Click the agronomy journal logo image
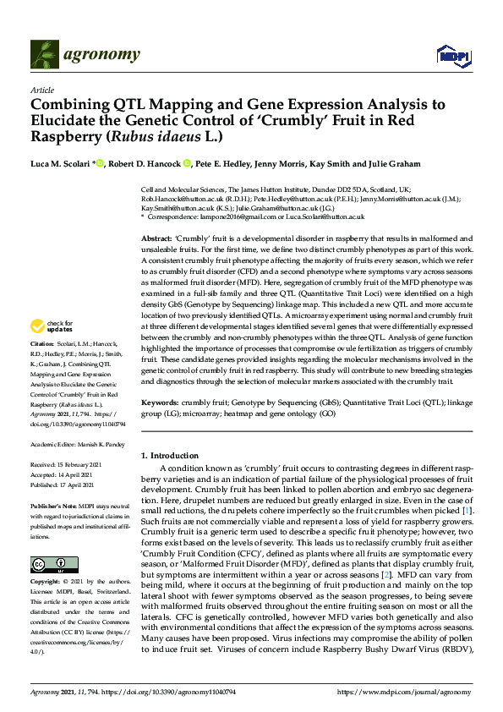click(85, 55)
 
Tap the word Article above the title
click(42, 89)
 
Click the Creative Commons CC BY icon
click(48, 563)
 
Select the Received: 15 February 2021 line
click(66, 465)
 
